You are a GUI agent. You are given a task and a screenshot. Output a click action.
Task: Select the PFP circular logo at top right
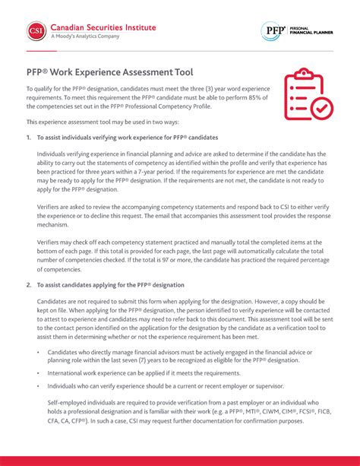pyautogui.click(x=272, y=31)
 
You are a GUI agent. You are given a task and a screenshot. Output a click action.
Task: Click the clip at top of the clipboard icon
pyautogui.click(x=302, y=72)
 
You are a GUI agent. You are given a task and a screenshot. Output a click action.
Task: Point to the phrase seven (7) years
pyautogui.click(x=134, y=361)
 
